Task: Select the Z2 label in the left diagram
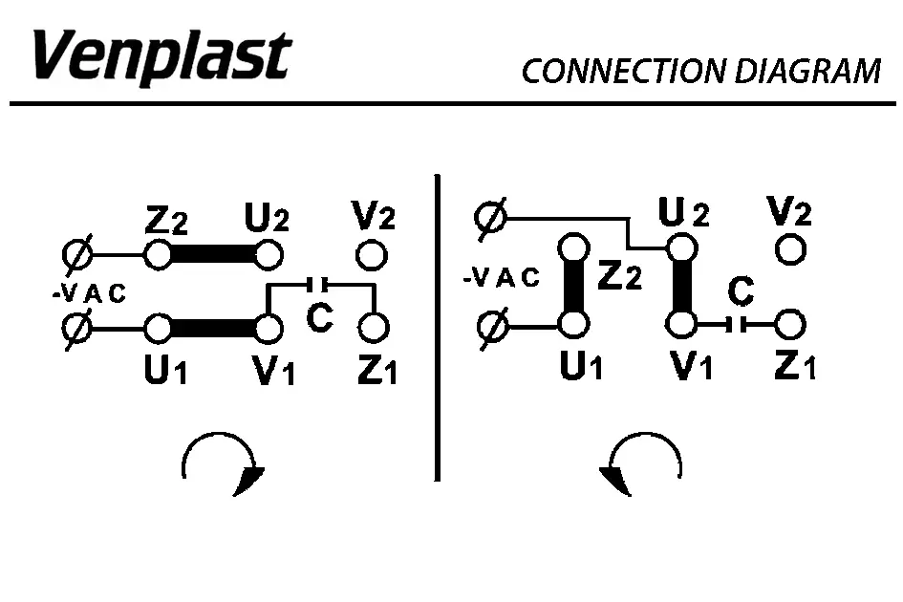click(x=166, y=223)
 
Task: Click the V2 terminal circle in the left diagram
click(x=371, y=255)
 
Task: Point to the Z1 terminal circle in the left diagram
click(x=375, y=328)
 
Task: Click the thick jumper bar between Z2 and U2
click(x=213, y=255)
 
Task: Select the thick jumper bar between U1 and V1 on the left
click(x=213, y=328)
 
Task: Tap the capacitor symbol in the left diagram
click(x=319, y=284)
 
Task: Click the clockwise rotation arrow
click(x=222, y=464)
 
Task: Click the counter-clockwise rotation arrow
click(x=641, y=464)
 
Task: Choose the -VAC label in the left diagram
click(x=89, y=294)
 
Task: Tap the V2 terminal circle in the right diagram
click(x=790, y=250)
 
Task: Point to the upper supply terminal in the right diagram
click(x=490, y=219)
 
